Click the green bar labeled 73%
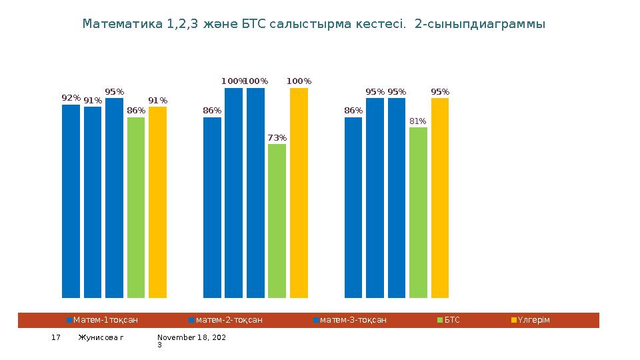(277, 220)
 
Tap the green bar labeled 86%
(136, 207)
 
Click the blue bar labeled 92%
(71, 200)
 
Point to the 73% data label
(277, 138)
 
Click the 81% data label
(418, 121)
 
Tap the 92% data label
(71, 98)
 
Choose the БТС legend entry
(452, 320)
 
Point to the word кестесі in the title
(380, 25)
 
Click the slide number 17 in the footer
(57, 338)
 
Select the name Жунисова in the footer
(97, 338)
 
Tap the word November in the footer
(176, 338)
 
